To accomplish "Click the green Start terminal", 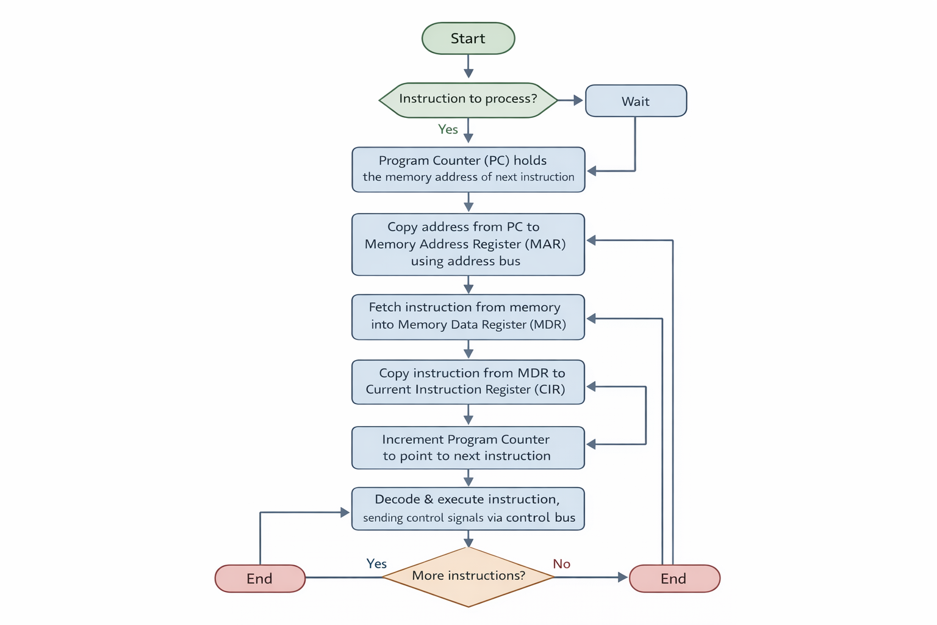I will (x=468, y=38).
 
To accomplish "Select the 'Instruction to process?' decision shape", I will (x=468, y=99).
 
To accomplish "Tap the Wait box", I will (x=636, y=101).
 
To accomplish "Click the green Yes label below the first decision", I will (x=448, y=129).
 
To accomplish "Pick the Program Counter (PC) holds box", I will (x=468, y=169).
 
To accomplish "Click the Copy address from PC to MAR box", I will (x=468, y=244).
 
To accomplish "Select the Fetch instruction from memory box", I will (x=468, y=317).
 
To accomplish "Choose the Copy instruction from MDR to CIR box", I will (x=468, y=382).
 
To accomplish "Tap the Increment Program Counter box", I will (x=468, y=447).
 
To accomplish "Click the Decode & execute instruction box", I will (x=468, y=508).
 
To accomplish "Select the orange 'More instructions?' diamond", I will (x=468, y=576).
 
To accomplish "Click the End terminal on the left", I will (x=260, y=579).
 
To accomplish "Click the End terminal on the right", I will (x=674, y=579).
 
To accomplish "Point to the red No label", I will (x=561, y=564).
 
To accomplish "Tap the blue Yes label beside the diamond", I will (x=376, y=563).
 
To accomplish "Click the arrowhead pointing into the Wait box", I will (x=578, y=100).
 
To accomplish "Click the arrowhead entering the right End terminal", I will (x=622, y=577).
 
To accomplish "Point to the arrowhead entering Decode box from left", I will (x=345, y=513).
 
